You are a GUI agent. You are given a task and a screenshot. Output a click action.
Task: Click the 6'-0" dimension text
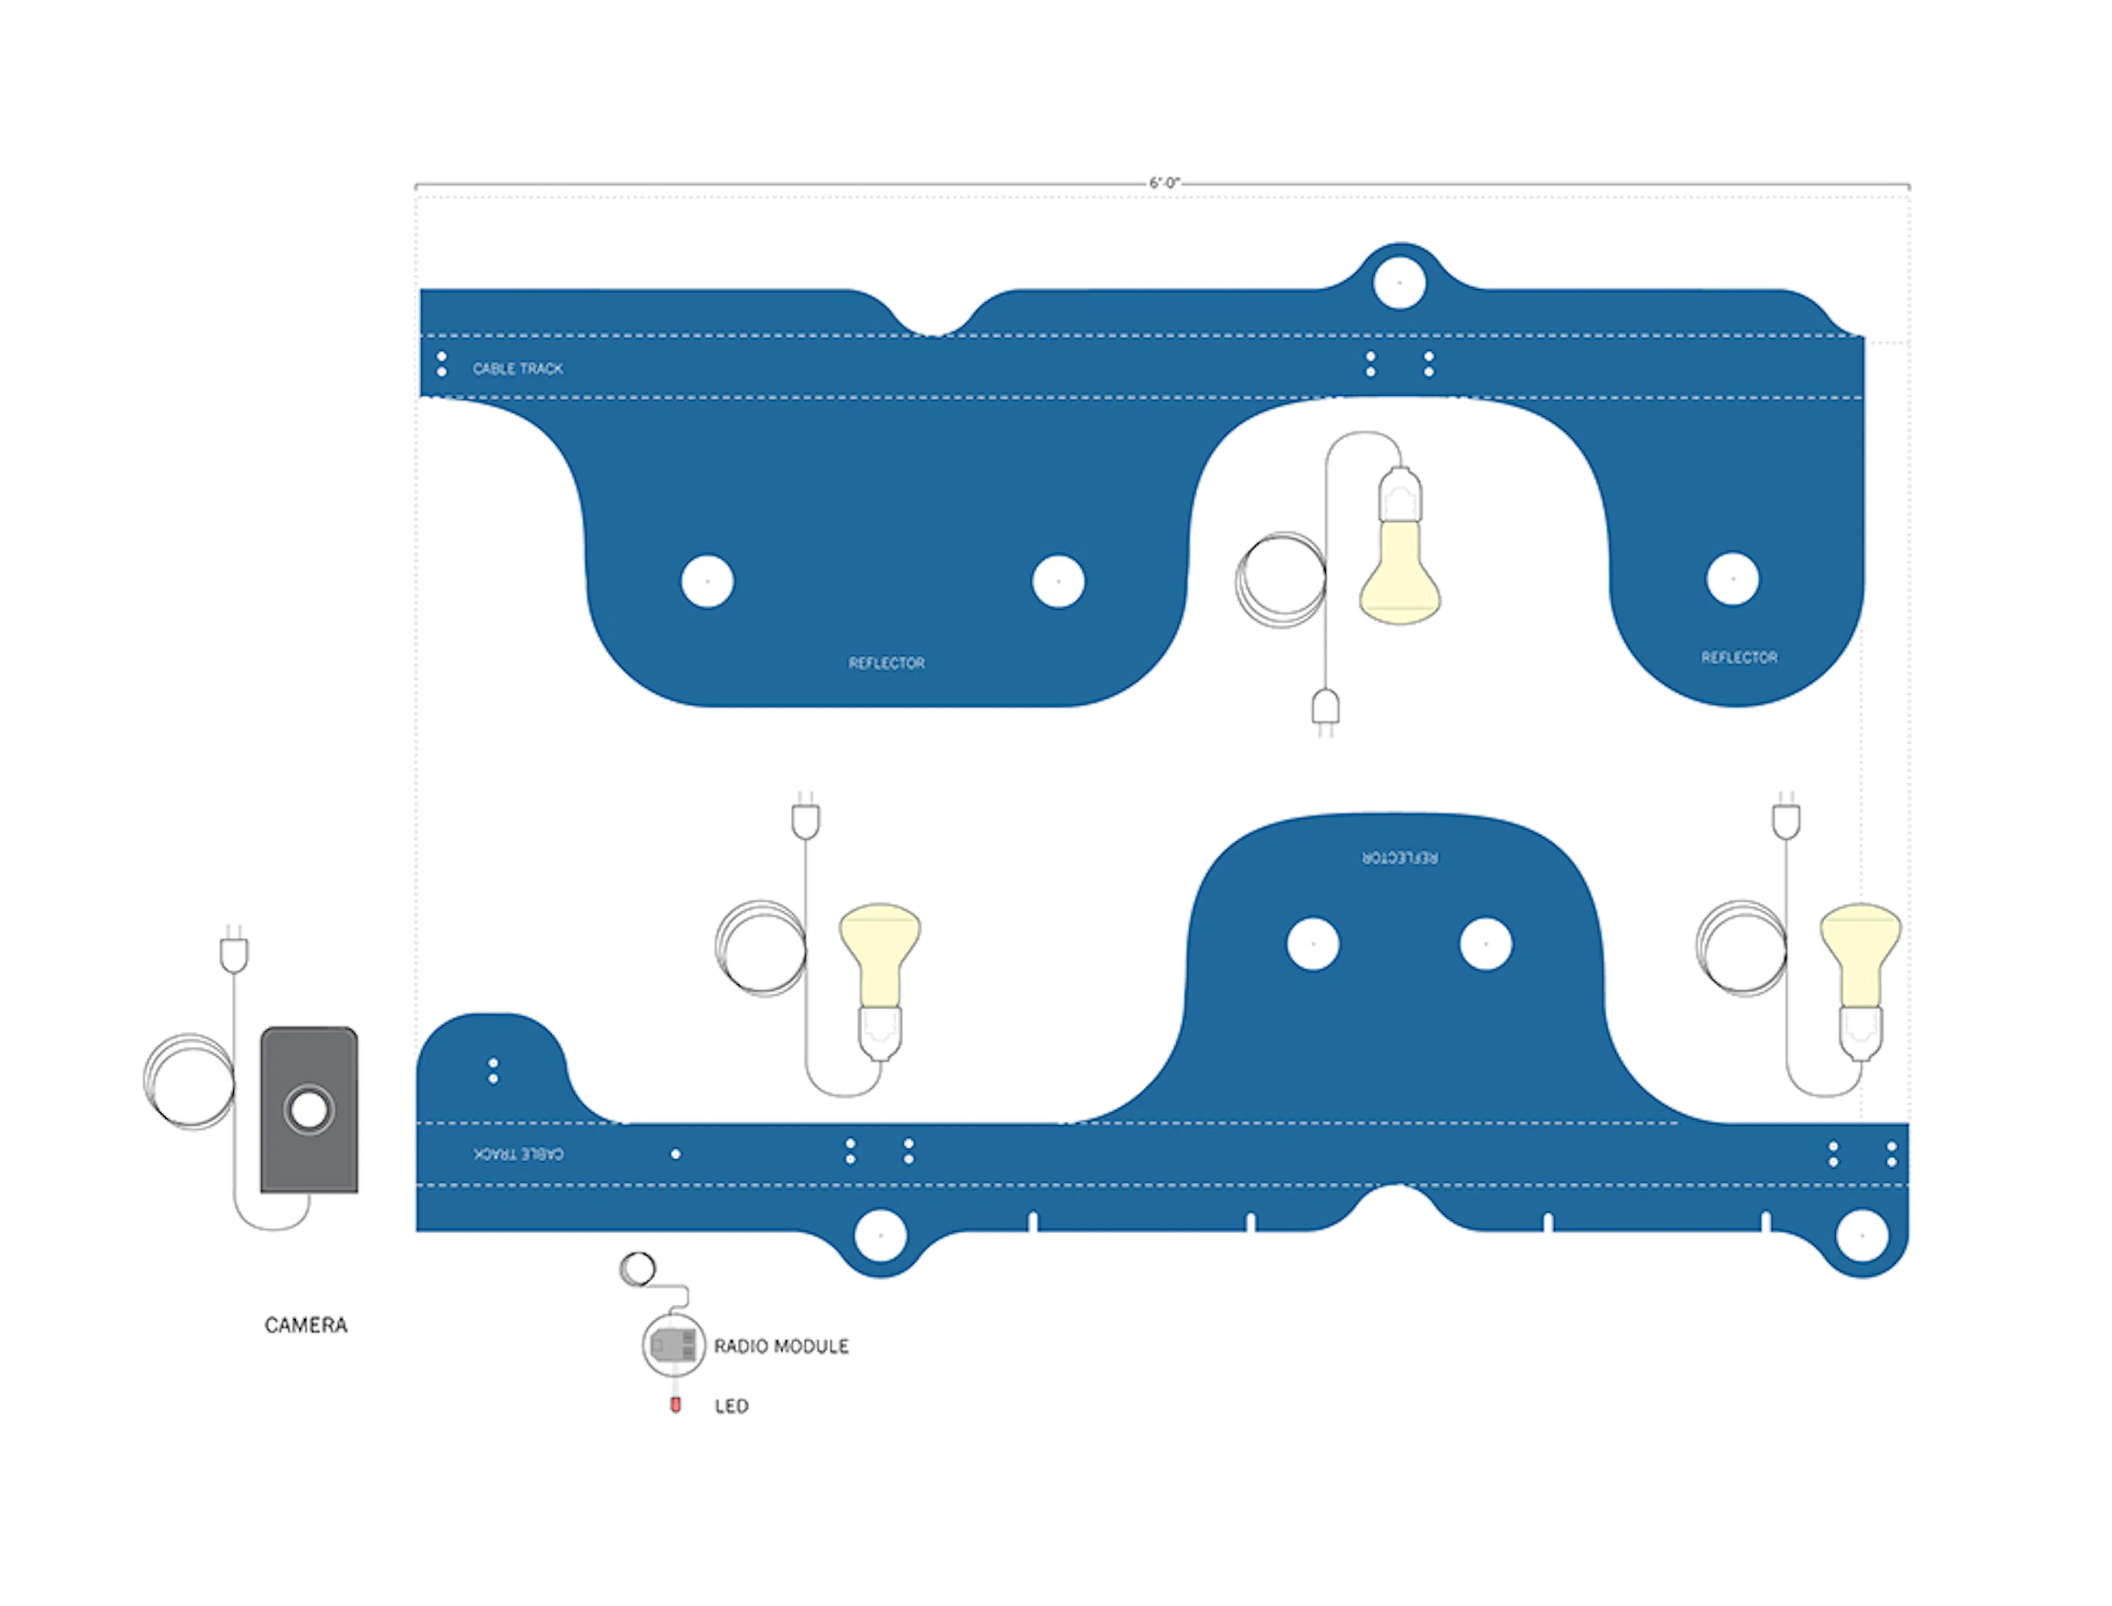click(x=1164, y=183)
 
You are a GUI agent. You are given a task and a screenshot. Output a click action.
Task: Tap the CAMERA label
click(x=306, y=1325)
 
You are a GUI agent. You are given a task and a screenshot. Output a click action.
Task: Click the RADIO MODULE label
click(x=781, y=1346)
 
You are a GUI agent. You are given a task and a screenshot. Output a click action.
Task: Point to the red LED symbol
click(x=675, y=1404)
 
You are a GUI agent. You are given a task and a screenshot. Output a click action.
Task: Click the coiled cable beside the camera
click(x=188, y=1080)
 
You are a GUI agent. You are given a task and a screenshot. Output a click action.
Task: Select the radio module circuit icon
click(x=673, y=1346)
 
